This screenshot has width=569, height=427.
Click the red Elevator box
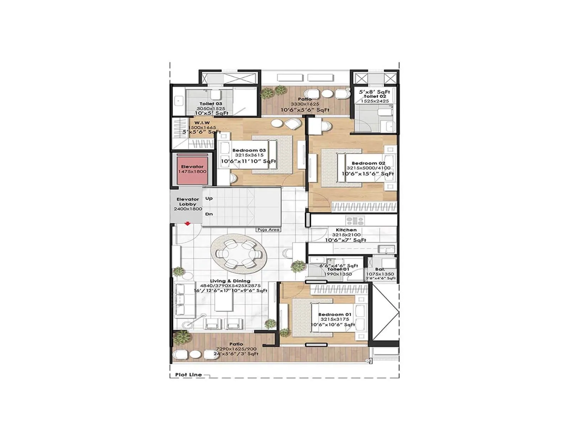coord(192,169)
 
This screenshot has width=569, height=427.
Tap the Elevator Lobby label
coord(188,202)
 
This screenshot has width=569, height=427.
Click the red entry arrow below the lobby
coord(187,224)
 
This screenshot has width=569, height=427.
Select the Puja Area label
coord(268,230)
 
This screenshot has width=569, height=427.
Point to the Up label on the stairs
coord(209,199)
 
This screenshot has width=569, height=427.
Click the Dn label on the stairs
coord(209,214)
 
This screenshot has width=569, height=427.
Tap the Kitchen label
coord(346,230)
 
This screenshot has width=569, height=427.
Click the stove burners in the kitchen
coord(355,221)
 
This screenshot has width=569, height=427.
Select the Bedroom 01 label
coord(335,315)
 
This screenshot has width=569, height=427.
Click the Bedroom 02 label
coord(368,163)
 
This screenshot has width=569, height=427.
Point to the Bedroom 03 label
coord(249,150)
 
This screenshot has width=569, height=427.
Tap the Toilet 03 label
coord(211,104)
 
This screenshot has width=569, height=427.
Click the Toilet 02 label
coord(375,96)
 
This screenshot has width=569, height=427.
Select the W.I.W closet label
coord(202,123)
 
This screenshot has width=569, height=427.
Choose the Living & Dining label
coord(230,281)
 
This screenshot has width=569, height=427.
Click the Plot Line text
coord(188,375)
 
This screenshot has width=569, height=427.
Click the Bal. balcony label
coord(380,269)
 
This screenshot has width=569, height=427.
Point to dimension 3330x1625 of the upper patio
coord(305,104)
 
